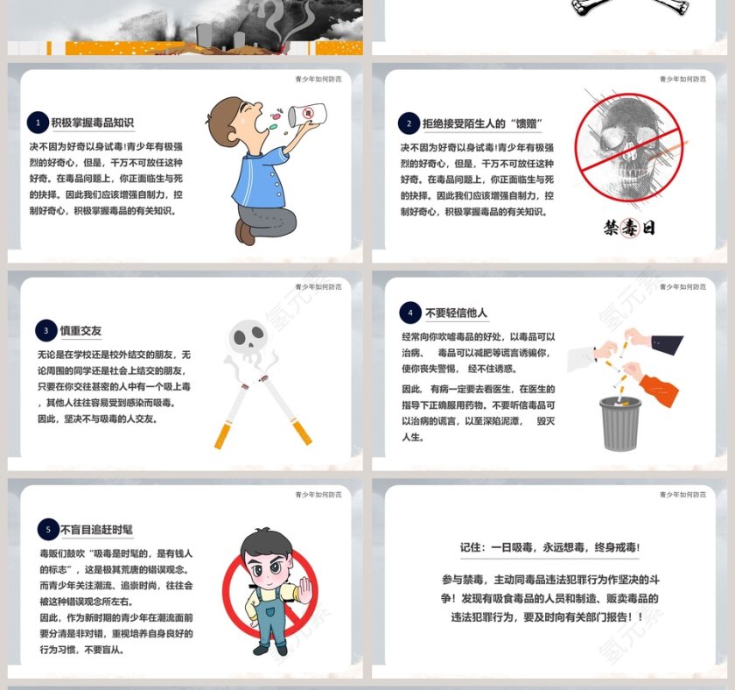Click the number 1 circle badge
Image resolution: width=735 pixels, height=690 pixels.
pyautogui.click(x=38, y=123)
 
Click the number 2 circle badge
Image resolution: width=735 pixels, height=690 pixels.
pyautogui.click(x=409, y=123)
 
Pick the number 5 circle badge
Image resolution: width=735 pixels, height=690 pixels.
pyautogui.click(x=47, y=529)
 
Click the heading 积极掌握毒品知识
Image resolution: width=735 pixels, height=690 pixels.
pyautogui.click(x=93, y=123)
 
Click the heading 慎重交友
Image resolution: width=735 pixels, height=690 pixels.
pyautogui.click(x=80, y=331)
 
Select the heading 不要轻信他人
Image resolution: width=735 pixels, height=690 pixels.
pyautogui.click(x=456, y=313)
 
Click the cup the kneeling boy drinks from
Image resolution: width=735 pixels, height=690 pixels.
pyautogui.click(x=307, y=115)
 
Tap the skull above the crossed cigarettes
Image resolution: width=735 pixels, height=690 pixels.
pyautogui.click(x=248, y=340)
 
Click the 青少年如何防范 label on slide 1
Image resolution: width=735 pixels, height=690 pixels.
pyautogui.click(x=318, y=79)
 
